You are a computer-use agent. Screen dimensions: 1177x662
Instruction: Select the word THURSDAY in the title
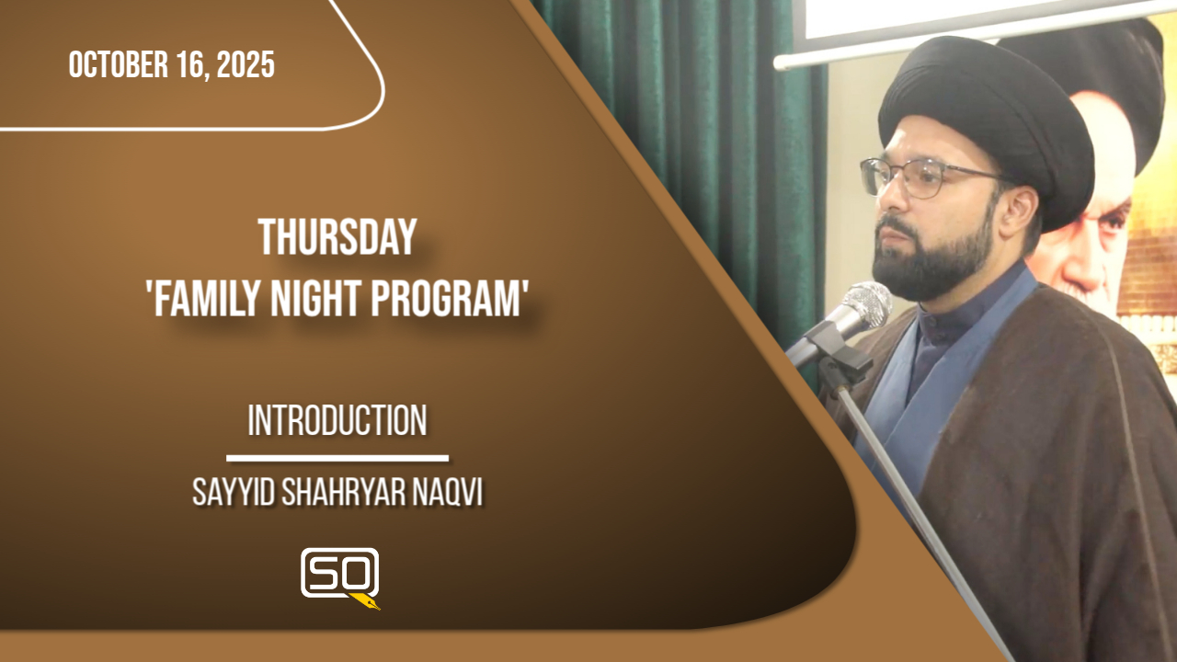coord(337,237)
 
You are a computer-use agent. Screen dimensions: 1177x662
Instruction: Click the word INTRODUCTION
coord(337,420)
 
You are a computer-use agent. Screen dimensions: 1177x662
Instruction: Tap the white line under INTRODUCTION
coord(337,459)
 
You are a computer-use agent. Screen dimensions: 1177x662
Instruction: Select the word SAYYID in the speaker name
coord(234,492)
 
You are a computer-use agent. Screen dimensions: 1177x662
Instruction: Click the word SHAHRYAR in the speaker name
coord(344,492)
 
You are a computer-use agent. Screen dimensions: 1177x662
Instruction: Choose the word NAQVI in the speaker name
coord(448,492)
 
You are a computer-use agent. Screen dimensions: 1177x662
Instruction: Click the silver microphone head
coord(866,303)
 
